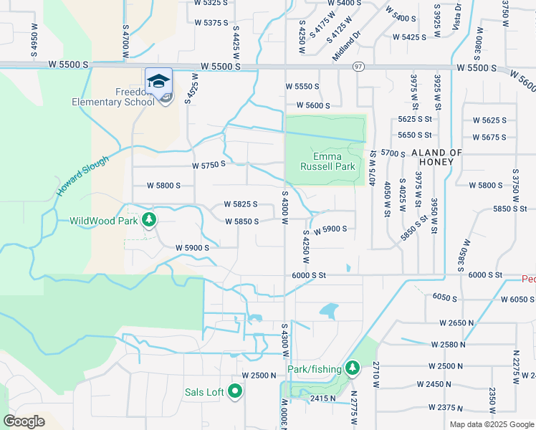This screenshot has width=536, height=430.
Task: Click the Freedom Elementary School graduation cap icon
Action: click(158, 79)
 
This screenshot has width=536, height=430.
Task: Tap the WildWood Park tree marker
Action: click(148, 219)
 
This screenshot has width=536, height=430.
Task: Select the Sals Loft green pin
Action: click(235, 392)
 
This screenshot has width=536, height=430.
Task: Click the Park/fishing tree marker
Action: click(351, 368)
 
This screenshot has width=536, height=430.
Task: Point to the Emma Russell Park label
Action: click(334, 161)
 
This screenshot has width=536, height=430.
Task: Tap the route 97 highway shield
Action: click(358, 66)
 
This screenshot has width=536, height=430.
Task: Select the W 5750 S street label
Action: click(209, 164)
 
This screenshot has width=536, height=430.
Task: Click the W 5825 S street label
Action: click(240, 204)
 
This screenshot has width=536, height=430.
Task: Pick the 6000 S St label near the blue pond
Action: click(309, 275)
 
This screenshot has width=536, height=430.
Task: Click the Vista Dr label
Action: click(457, 16)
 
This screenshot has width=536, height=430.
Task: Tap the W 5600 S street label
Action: click(308, 105)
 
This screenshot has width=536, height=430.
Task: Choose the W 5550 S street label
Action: click(302, 86)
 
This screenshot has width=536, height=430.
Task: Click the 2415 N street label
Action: click(322, 398)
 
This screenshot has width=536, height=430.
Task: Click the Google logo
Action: click(24, 421)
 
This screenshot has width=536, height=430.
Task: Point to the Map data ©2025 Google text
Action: click(492, 424)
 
